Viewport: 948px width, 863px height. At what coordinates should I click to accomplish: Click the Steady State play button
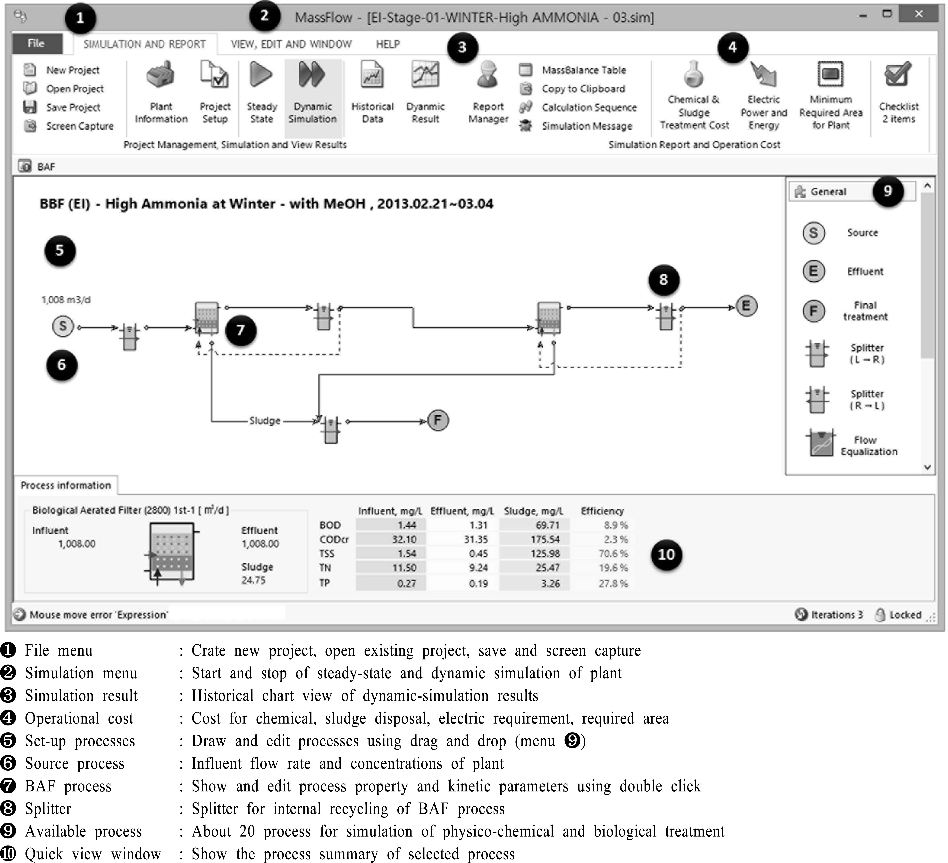[x=261, y=75]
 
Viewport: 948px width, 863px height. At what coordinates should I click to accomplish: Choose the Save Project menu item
[x=73, y=107]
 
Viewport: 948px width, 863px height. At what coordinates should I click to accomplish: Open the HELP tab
[x=387, y=44]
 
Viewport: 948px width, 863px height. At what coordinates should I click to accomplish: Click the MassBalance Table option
[x=584, y=70]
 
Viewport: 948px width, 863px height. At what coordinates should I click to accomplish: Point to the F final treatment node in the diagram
[x=438, y=420]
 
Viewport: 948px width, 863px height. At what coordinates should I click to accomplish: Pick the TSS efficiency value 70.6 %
[x=613, y=553]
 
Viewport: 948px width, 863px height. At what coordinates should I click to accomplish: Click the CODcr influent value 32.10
[x=404, y=539]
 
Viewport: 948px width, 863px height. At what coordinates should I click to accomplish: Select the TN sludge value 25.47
[x=547, y=568]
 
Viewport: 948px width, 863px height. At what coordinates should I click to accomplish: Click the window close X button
[x=918, y=15]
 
